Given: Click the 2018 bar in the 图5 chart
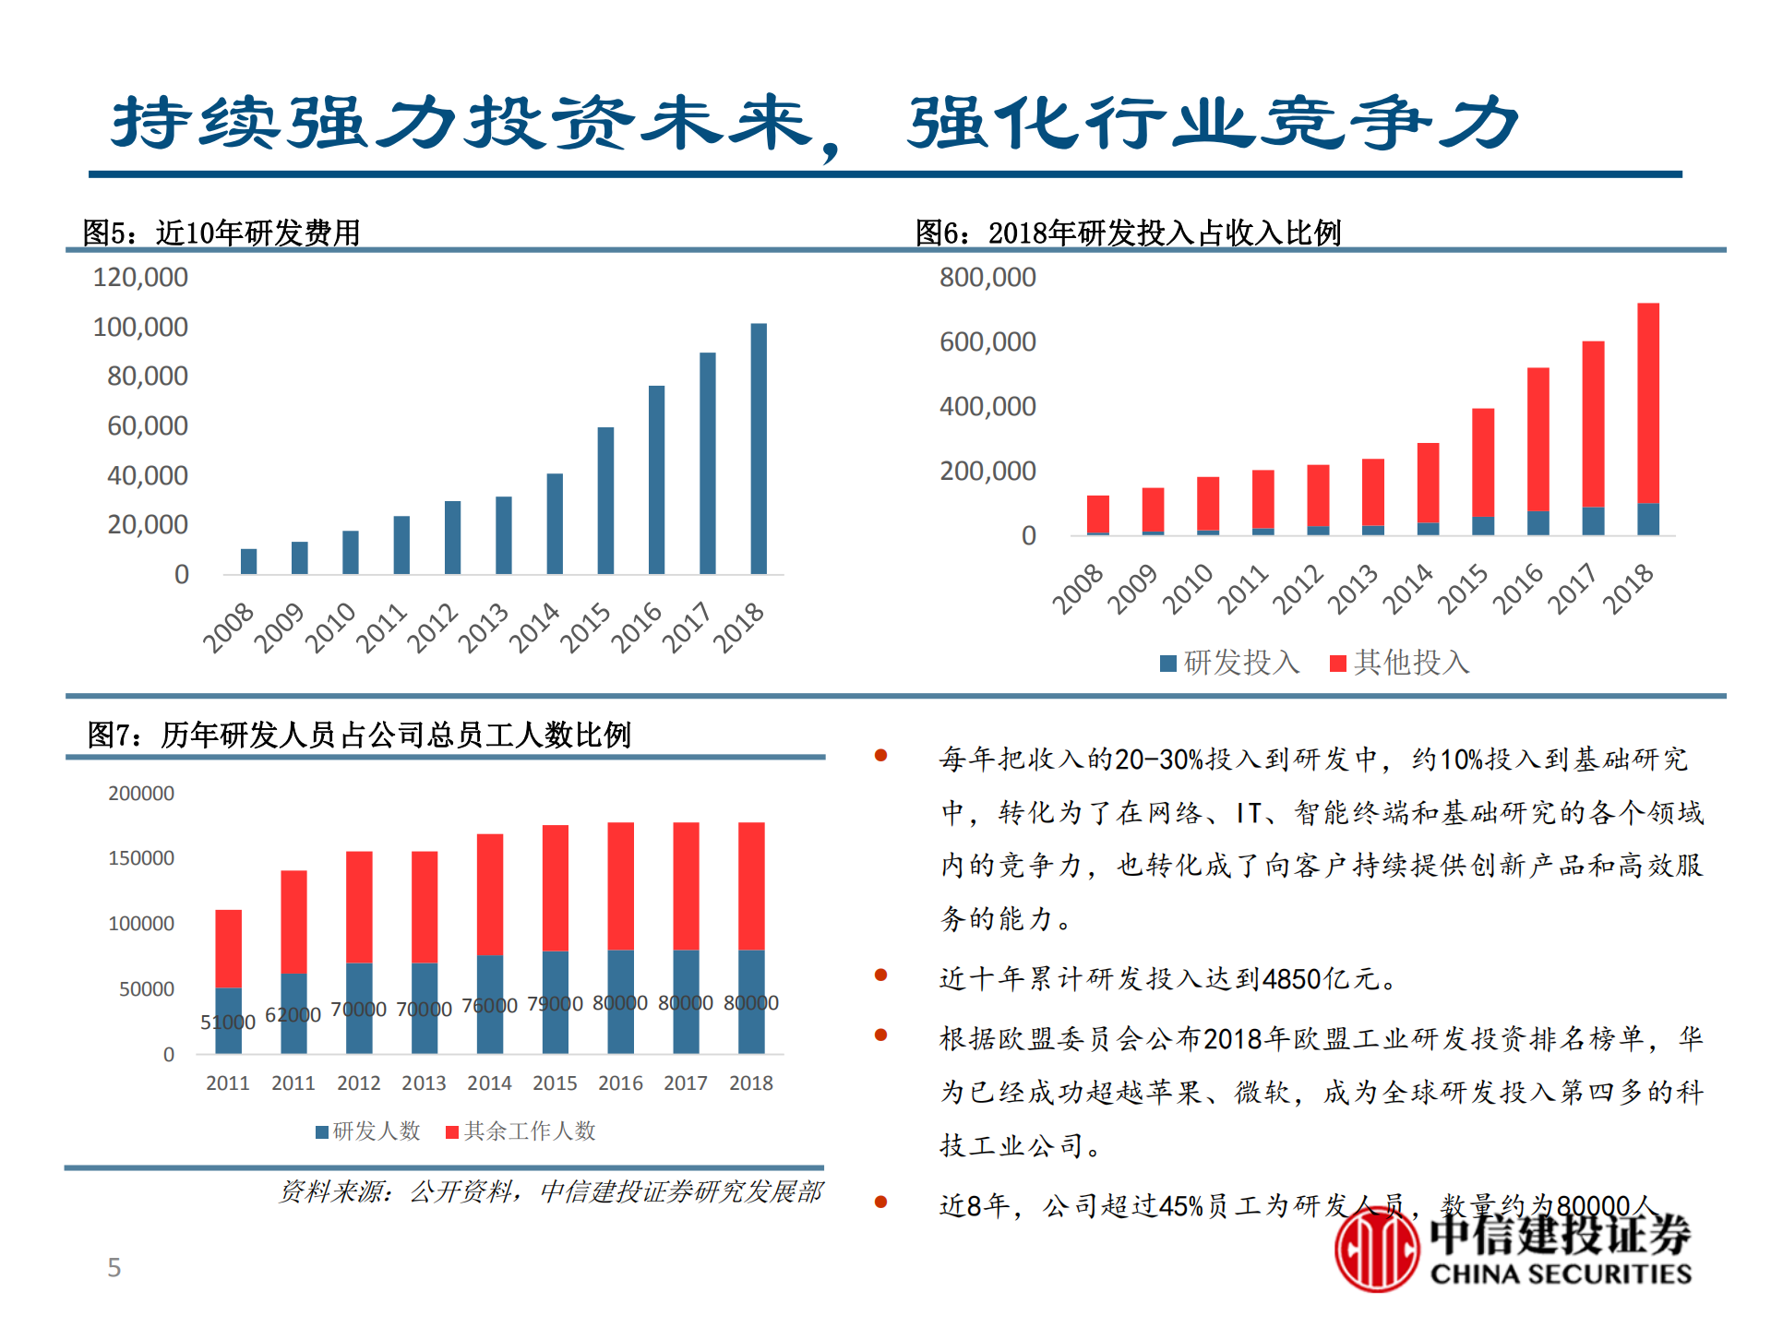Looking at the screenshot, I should [758, 449].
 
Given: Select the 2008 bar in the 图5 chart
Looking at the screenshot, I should [248, 561].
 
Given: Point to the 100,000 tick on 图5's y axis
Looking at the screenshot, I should [140, 327].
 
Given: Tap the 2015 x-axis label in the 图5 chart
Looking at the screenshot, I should [586, 628].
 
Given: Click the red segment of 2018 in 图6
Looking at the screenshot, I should [1647, 402].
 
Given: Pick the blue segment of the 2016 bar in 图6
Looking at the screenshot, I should [1538, 522].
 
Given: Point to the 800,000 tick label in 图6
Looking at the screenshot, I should [987, 277].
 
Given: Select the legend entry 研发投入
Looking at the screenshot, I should [1230, 662].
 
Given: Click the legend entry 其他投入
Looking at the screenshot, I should [1400, 662].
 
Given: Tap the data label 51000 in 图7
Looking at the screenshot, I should [227, 1022].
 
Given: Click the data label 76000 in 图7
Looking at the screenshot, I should [489, 1005].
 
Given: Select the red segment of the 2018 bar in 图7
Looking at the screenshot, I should [751, 886].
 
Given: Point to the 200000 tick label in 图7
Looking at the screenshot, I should [141, 793].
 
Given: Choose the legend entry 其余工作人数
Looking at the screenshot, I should [521, 1131].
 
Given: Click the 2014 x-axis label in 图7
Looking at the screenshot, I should [489, 1083].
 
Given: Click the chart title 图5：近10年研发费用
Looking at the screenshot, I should [221, 233].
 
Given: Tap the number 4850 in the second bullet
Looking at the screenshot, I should [1291, 978].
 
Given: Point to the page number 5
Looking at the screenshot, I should [114, 1267].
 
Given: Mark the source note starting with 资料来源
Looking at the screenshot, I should [550, 1191].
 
